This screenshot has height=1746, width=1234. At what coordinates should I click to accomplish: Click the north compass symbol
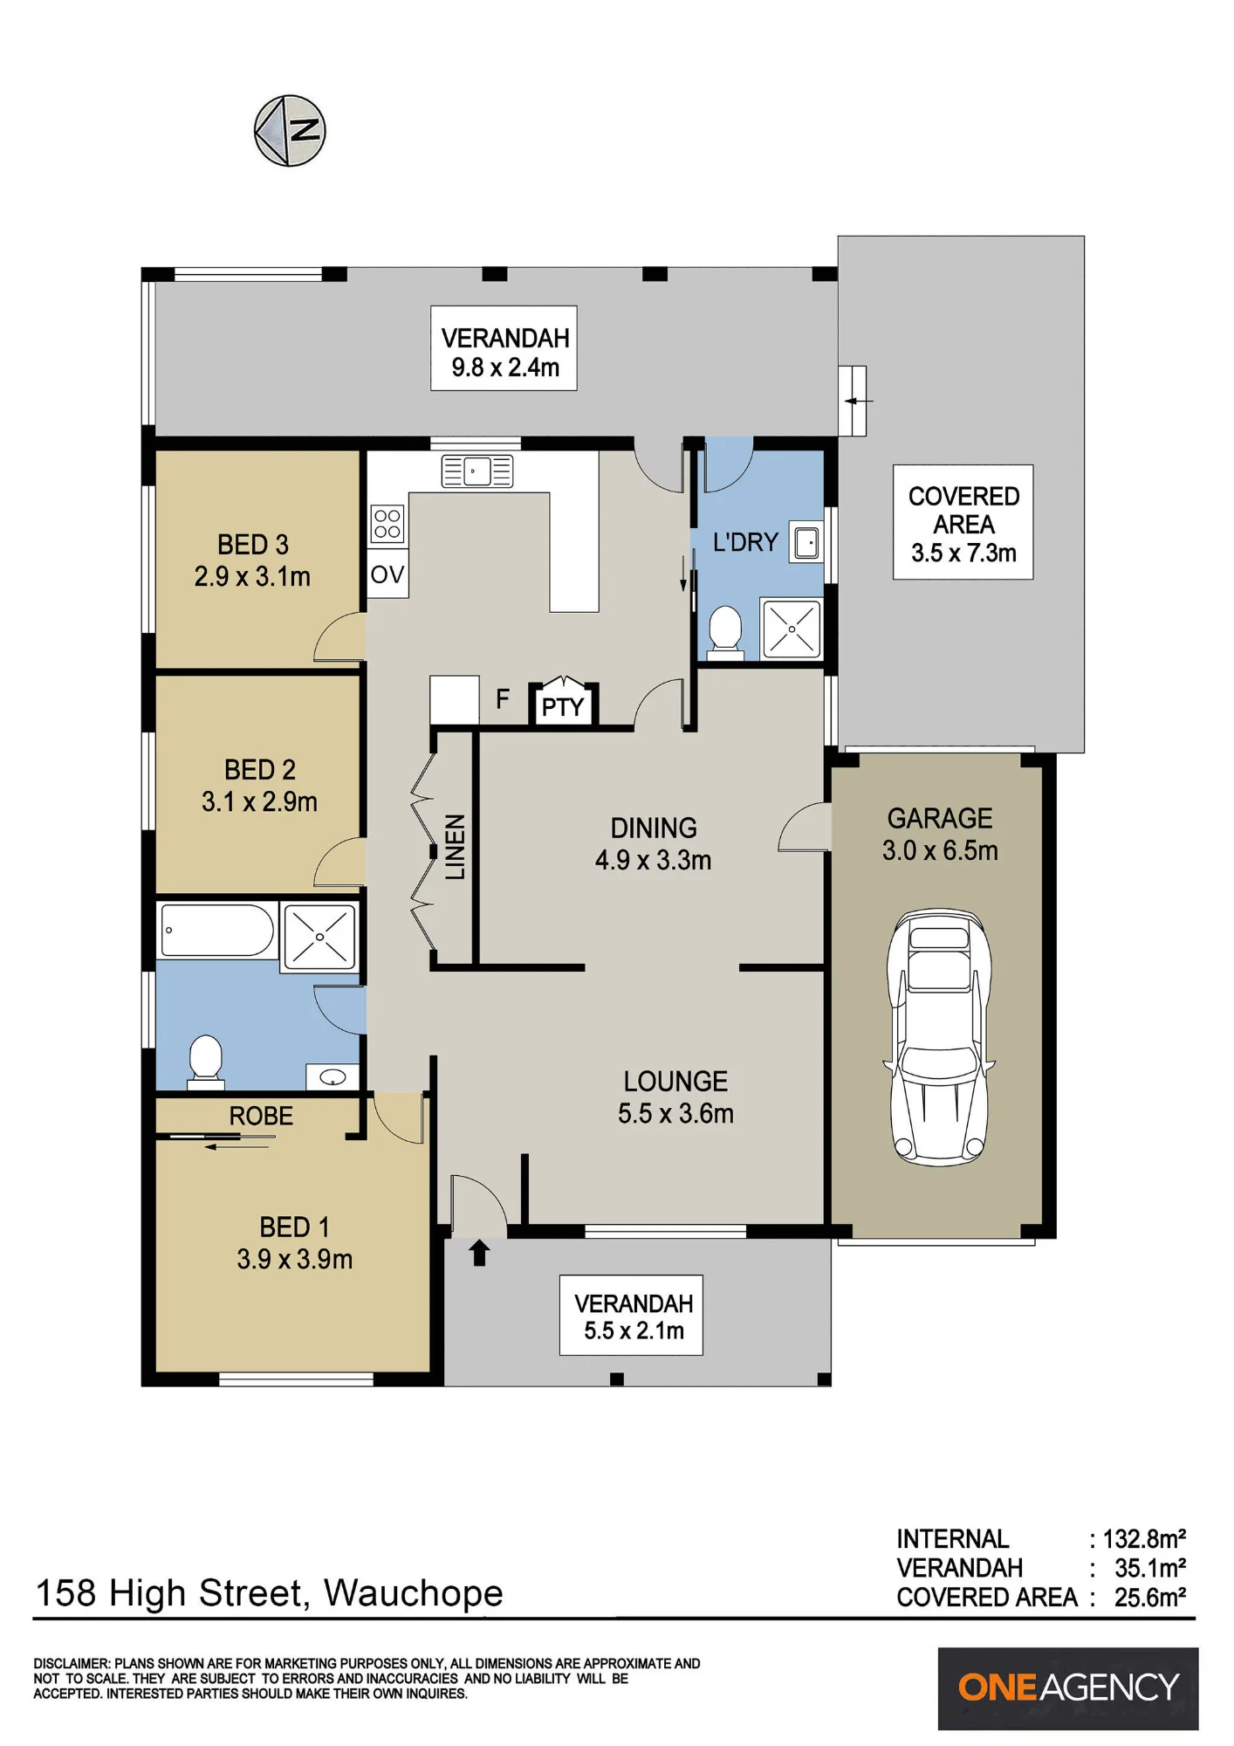[x=290, y=131]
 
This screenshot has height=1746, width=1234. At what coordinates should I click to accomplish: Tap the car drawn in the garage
[x=940, y=1037]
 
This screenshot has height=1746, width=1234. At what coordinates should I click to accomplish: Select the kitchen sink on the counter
[x=476, y=471]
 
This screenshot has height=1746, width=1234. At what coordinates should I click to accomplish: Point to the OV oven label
[x=387, y=574]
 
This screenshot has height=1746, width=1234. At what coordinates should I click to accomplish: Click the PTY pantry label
[x=563, y=707]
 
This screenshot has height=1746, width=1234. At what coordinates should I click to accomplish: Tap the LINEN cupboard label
[x=456, y=847]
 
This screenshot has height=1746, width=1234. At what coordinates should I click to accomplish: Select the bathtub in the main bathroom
[x=216, y=931]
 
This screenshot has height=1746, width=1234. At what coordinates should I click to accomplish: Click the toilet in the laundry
[x=724, y=630]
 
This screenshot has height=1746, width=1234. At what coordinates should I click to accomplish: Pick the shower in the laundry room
[x=792, y=629]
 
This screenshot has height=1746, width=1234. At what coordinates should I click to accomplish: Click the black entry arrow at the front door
[x=479, y=1253]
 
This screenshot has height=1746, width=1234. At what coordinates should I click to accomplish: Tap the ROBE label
[x=261, y=1116]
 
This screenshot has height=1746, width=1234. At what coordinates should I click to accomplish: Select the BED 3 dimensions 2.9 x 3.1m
[x=252, y=577]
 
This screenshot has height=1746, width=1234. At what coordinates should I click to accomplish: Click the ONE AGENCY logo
[x=1068, y=1688]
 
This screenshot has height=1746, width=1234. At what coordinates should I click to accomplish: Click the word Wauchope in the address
[x=414, y=1593]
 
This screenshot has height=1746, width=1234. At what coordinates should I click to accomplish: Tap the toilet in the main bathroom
[x=206, y=1061]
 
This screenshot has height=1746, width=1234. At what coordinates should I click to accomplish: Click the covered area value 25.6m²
[x=1150, y=1598]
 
